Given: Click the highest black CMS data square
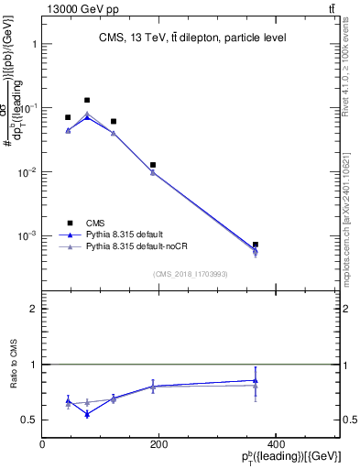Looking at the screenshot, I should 87,100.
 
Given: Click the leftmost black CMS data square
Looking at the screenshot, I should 68,117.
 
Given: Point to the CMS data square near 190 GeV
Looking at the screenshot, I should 153,165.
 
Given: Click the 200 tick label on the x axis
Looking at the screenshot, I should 158,444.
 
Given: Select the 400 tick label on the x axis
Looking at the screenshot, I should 275,444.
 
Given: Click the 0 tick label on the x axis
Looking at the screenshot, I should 42,444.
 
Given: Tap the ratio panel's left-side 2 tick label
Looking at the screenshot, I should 33,310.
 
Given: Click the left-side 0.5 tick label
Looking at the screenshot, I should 28,420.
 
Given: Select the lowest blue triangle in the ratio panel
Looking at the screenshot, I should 87,414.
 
